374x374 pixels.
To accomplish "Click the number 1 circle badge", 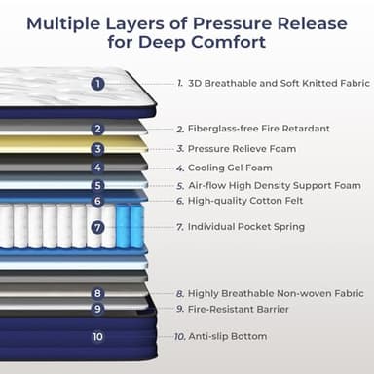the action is (x=97, y=84).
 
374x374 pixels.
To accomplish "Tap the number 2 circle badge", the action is (x=97, y=129).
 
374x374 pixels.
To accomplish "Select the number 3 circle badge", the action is (x=97, y=149).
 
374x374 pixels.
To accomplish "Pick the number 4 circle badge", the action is (x=97, y=168).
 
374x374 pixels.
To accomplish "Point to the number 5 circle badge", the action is (x=97, y=185).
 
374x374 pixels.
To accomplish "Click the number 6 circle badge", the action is (x=97, y=201).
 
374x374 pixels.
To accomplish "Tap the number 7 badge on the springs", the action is (x=97, y=227).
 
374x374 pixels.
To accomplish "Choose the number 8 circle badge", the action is (x=97, y=293).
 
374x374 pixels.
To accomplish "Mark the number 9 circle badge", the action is (x=97, y=309).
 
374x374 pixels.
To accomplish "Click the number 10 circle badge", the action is (x=97, y=337).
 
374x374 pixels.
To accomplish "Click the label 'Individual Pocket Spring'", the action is (x=245, y=227).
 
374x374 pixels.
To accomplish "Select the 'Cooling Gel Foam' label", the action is (x=229, y=168).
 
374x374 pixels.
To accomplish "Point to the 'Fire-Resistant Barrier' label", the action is (x=241, y=309).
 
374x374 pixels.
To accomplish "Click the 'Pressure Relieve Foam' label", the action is (x=242, y=149).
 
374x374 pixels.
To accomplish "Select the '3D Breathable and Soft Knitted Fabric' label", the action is (x=279, y=84).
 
